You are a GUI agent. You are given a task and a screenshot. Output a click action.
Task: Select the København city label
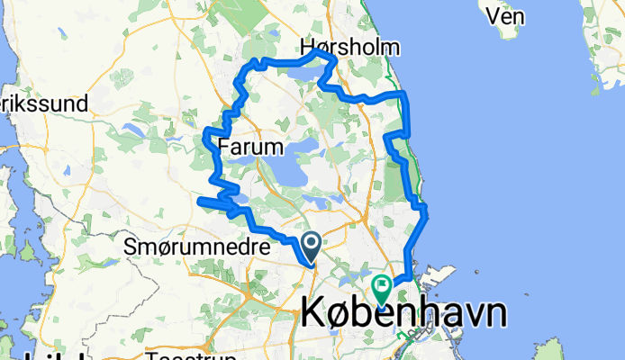pos(402,313)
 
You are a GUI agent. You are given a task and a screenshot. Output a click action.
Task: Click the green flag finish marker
pos(382,290)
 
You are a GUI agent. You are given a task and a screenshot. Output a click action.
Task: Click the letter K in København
pos(312,313)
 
